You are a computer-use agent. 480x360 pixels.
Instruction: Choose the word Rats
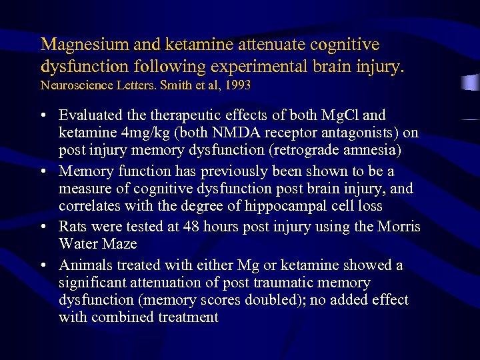pyautogui.click(x=75, y=227)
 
